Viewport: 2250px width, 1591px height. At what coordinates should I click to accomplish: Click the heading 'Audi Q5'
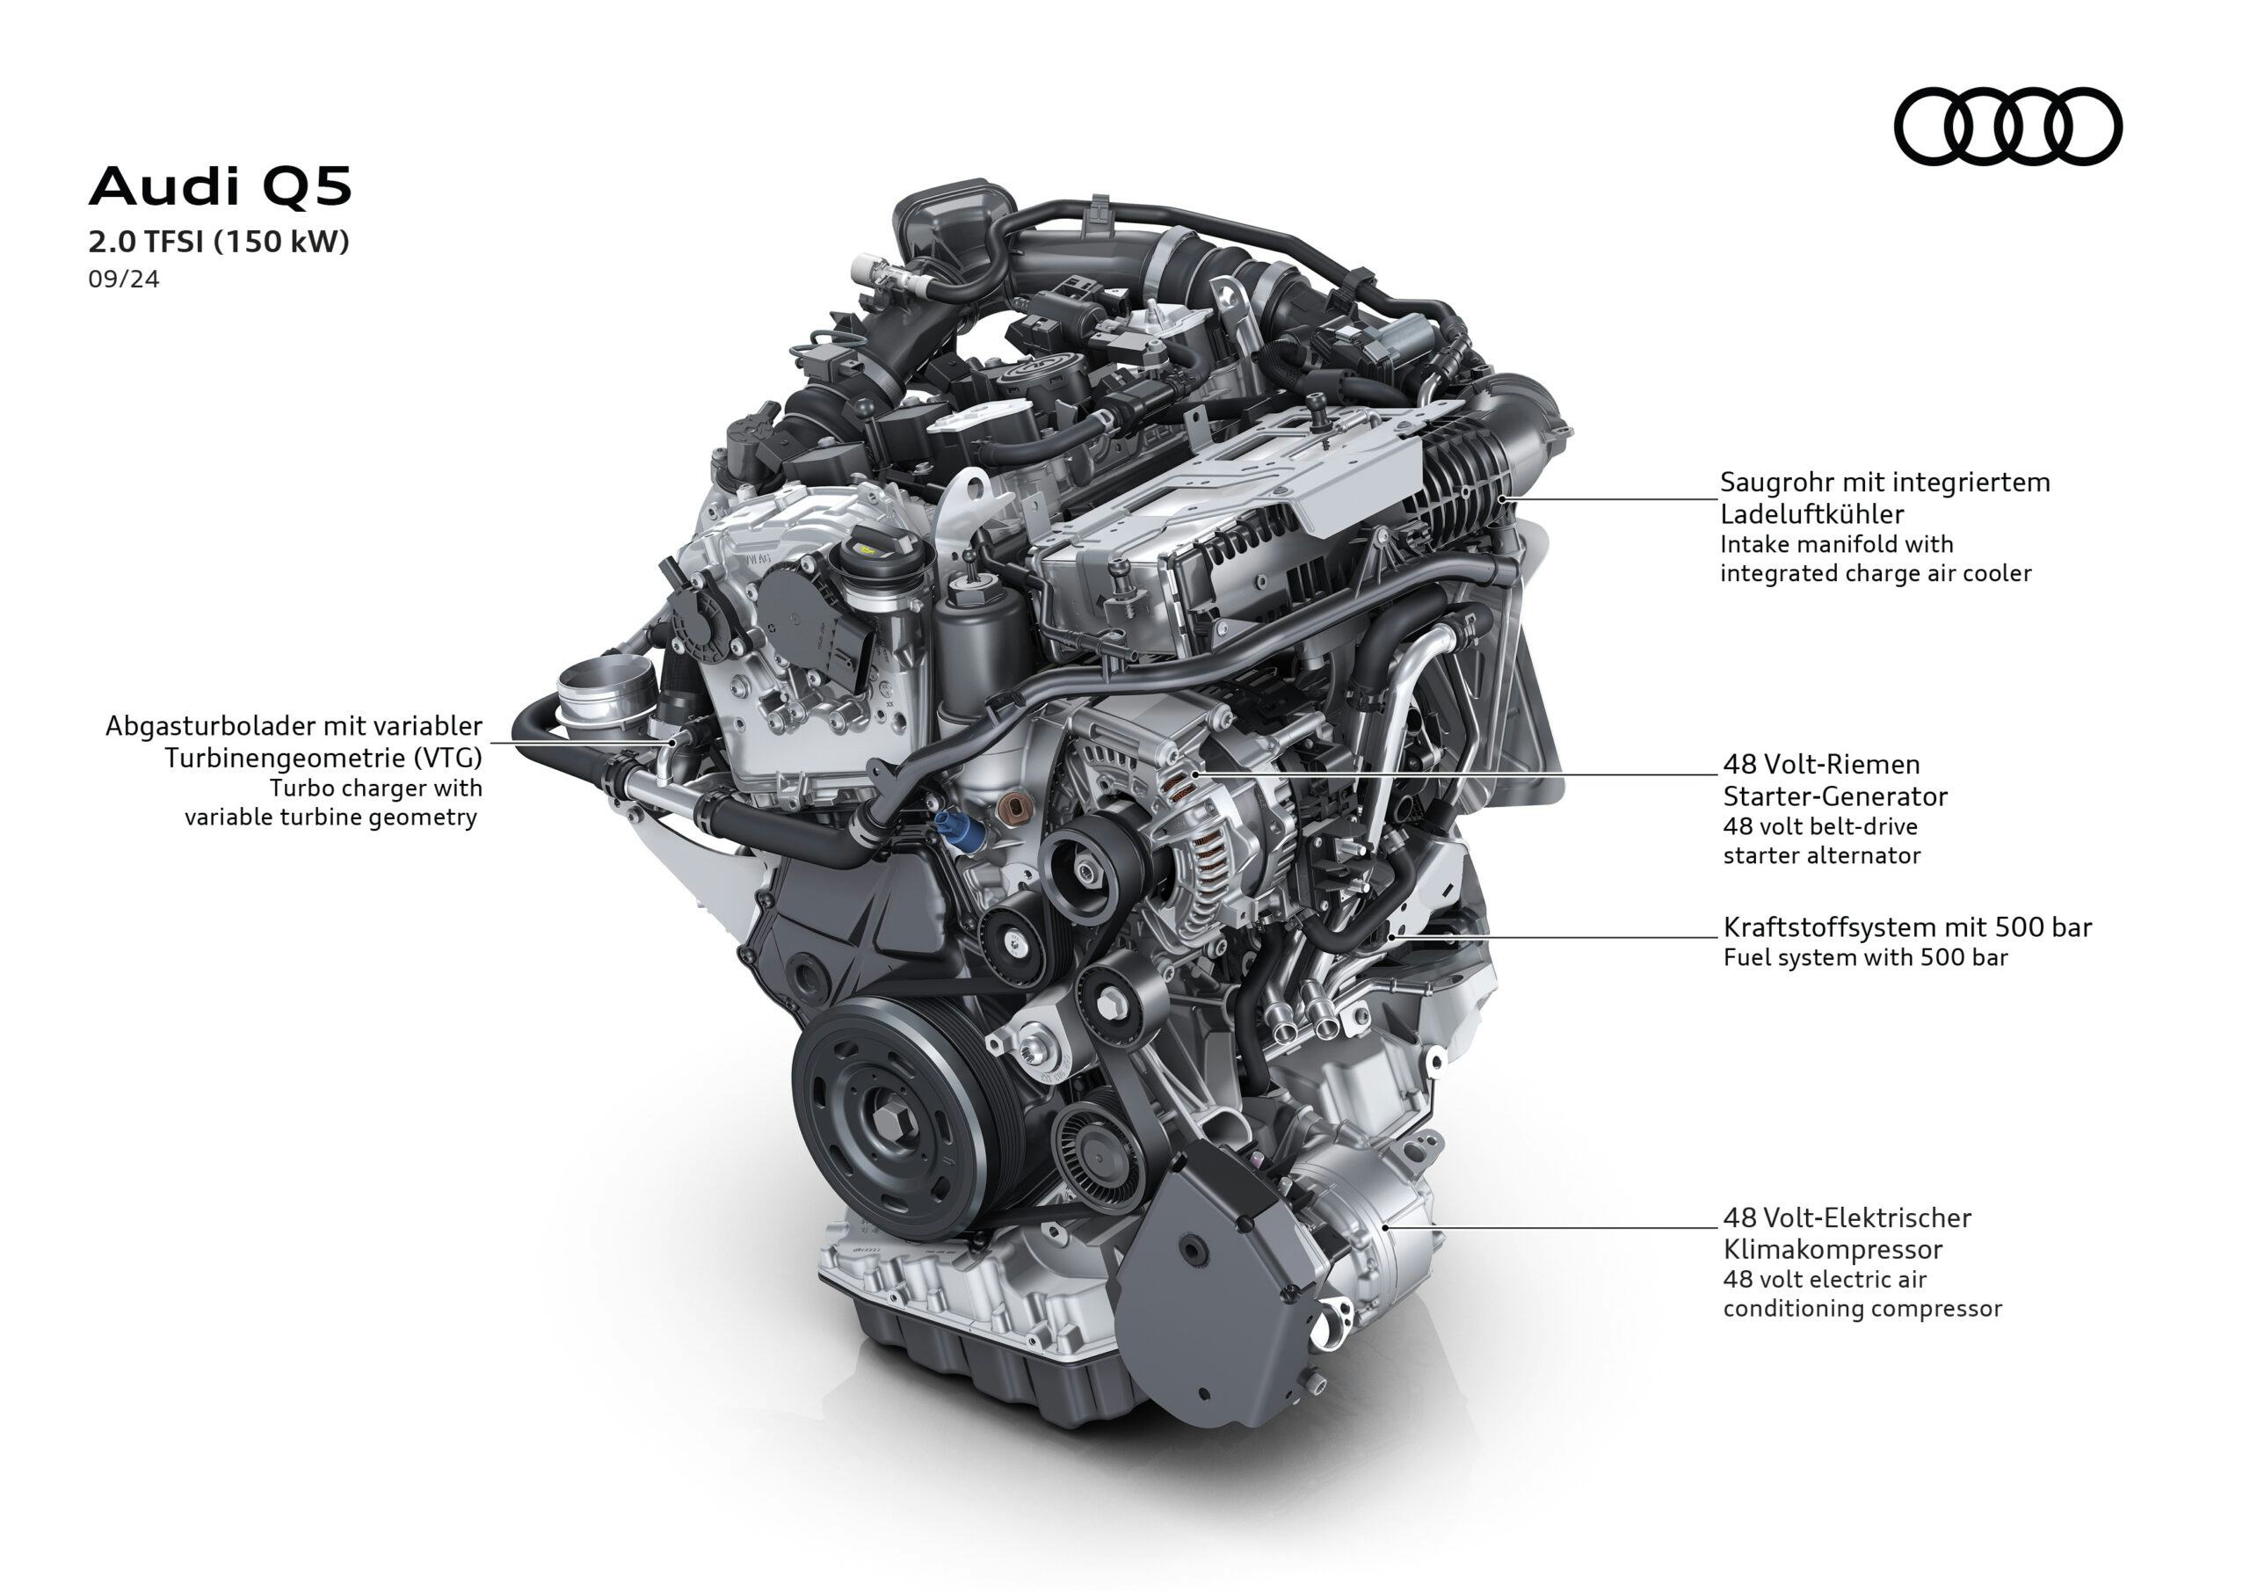[220, 186]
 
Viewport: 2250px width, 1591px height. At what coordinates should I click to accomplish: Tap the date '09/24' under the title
[123, 280]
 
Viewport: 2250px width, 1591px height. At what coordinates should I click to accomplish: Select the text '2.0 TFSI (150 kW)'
[219, 241]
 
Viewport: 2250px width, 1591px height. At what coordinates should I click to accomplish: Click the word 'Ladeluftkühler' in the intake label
[1812, 513]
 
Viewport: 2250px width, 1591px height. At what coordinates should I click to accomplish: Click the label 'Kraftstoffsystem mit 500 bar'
[1907, 926]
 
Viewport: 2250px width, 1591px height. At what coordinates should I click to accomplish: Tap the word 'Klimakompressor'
[1833, 1249]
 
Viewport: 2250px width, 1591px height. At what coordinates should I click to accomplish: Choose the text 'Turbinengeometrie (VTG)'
[323, 758]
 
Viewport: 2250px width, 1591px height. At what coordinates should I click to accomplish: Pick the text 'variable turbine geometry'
[330, 817]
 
